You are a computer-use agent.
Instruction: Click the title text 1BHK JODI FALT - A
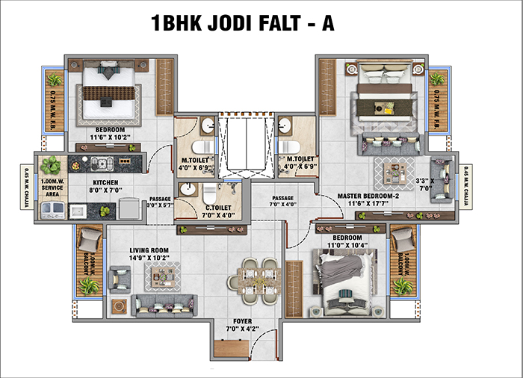(243, 22)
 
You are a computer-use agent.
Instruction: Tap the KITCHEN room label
(105, 182)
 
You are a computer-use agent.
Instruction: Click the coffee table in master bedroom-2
(391, 170)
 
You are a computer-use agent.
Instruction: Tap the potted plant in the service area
(51, 166)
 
